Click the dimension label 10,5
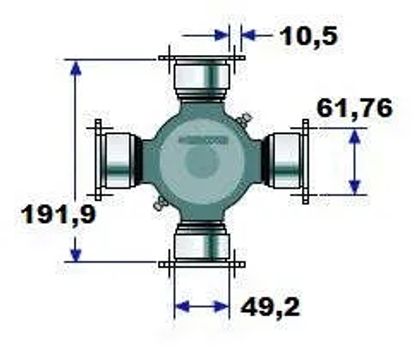(x=309, y=36)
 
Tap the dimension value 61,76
(x=355, y=108)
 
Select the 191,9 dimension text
(x=58, y=214)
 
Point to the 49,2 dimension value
(x=270, y=307)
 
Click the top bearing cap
(x=202, y=78)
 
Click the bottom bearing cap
(x=202, y=243)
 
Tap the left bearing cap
(x=120, y=160)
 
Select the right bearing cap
(x=283, y=160)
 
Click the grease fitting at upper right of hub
(x=244, y=119)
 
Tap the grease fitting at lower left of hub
(x=160, y=203)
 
